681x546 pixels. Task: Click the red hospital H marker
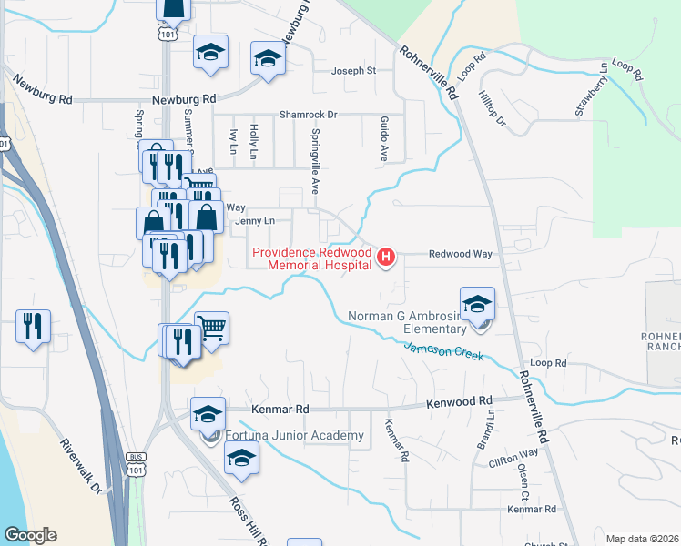pos(385,258)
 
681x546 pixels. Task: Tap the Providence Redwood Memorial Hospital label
pos(311,258)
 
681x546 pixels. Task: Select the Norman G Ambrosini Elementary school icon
pos(477,307)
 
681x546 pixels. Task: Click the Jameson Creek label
pos(443,349)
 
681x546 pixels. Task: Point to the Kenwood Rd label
pos(461,400)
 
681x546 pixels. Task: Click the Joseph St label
pos(353,70)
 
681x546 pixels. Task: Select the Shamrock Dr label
pos(309,115)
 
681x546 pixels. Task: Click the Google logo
pos(30,535)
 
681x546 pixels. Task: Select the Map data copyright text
pos(643,539)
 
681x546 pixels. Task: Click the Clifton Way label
pos(513,458)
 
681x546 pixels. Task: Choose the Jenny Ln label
pos(254,221)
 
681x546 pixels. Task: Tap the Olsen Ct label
pos(523,483)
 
